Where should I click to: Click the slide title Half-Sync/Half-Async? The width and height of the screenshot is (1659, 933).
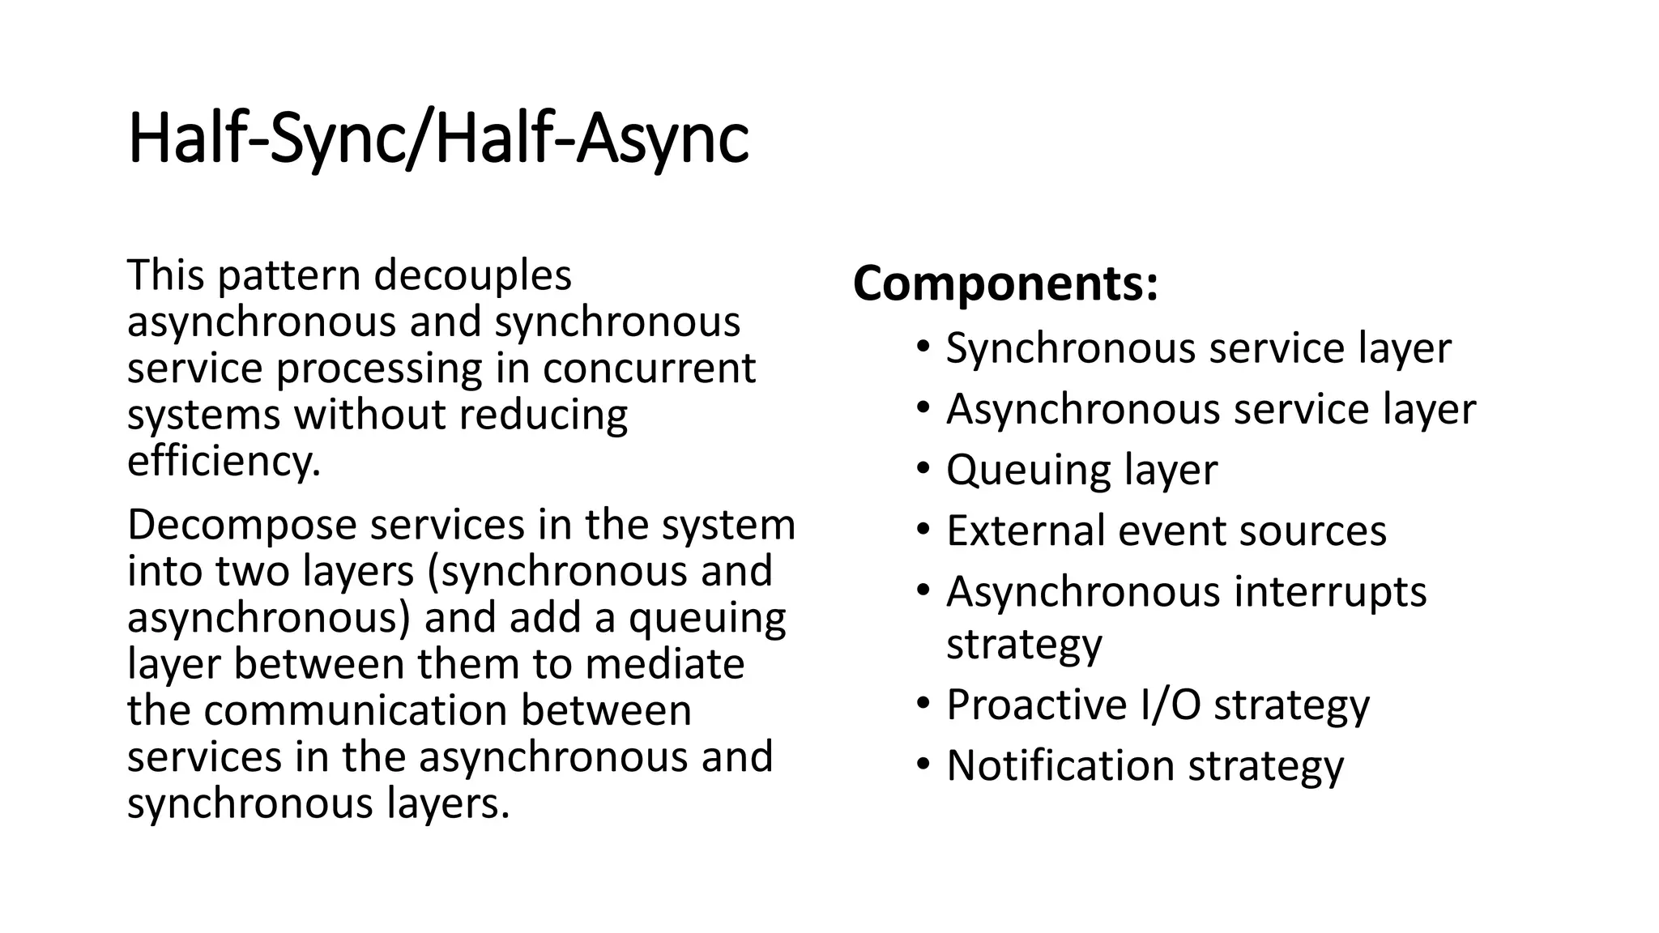437,139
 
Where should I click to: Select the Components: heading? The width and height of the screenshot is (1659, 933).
1005,283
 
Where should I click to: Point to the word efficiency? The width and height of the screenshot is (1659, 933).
224,461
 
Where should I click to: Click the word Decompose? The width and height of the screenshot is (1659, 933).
242,526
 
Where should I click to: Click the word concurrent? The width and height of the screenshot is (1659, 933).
649,368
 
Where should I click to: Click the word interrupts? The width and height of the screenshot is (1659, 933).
1330,591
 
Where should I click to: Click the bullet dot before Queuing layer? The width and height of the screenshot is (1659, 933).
923,469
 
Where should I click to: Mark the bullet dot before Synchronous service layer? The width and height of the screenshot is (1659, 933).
923,347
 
